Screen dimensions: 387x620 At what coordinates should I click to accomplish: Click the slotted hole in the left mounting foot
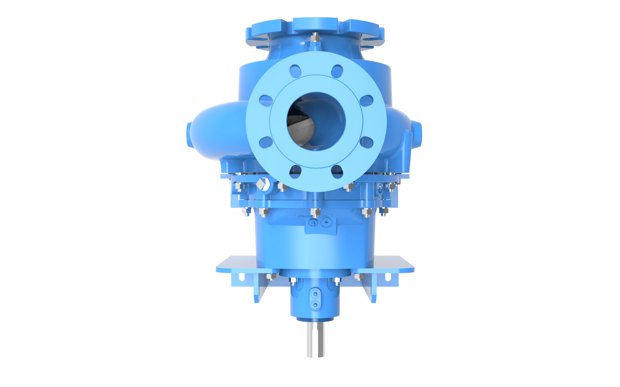241,277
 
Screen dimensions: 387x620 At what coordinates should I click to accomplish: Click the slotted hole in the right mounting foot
388,277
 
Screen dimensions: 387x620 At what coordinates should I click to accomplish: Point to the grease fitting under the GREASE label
313,222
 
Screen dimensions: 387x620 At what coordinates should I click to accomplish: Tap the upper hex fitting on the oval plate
315,294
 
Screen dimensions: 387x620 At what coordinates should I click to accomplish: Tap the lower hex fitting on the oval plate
315,304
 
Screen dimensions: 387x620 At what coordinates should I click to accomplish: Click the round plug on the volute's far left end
189,135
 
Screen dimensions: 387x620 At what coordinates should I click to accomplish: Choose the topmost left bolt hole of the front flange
295,71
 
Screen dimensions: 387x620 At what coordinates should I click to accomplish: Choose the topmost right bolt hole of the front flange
337,71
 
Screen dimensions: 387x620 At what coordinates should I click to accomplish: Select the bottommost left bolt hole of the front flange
295,171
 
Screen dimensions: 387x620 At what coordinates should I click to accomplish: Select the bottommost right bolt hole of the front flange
337,171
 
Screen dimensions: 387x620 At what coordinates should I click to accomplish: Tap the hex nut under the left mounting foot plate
271,276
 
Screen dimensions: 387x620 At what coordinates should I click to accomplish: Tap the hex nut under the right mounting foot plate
359,276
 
